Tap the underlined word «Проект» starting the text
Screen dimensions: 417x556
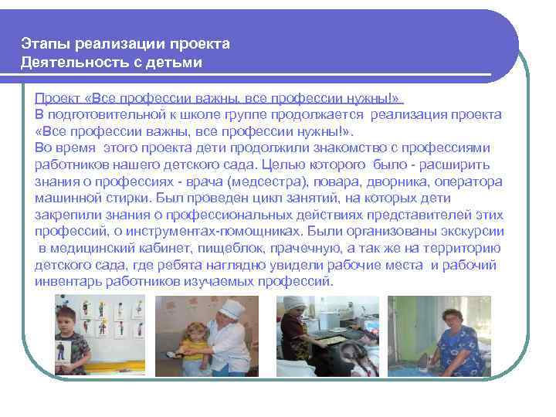55,100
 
